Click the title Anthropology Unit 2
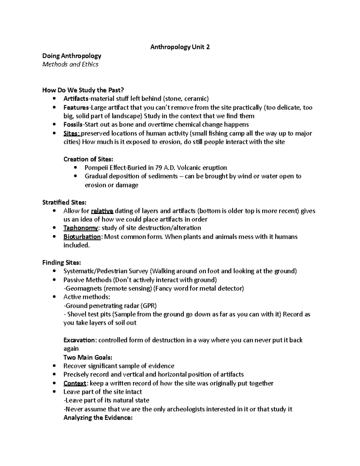coord(180,47)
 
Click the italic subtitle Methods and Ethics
coord(70,64)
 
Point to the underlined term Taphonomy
coord(81,228)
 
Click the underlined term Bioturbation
coord(82,237)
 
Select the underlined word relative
coord(102,211)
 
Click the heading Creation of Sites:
coord(88,159)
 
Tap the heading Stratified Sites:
coord(64,202)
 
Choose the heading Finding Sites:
coord(61,263)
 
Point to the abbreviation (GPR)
coord(149,306)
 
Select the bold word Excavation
coord(79,340)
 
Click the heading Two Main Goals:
coord(88,357)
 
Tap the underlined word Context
coord(75,383)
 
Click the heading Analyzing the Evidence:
coord(98,418)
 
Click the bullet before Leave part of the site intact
coord(54,392)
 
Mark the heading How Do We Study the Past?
coord(83,90)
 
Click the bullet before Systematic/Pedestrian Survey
coord(54,271)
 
